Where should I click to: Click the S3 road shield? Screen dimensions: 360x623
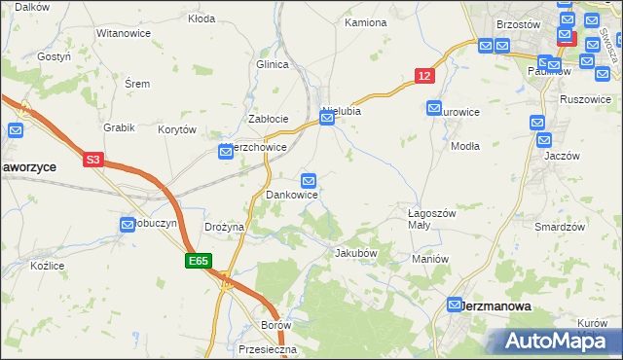point(92,160)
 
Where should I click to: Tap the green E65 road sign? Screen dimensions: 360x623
point(199,261)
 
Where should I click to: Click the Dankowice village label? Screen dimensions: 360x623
point(292,196)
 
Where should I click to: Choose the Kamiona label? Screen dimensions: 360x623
point(366,21)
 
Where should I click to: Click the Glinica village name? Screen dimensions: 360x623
point(274,64)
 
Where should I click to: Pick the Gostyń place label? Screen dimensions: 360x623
point(55,56)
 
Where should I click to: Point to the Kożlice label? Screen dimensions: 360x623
point(47,265)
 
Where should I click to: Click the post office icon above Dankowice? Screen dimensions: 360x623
point(309,180)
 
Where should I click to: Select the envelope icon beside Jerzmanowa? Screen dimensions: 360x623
point(455,305)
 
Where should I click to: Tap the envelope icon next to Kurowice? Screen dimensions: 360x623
point(434,108)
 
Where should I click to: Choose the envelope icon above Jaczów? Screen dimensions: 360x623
point(537,123)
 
